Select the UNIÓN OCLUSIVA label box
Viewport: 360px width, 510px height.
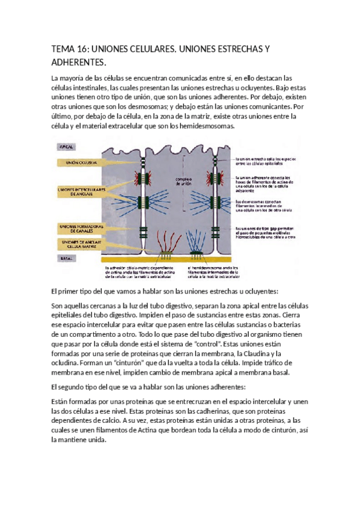coord(78,162)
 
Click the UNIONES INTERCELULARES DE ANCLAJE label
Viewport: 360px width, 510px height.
coord(81,191)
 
